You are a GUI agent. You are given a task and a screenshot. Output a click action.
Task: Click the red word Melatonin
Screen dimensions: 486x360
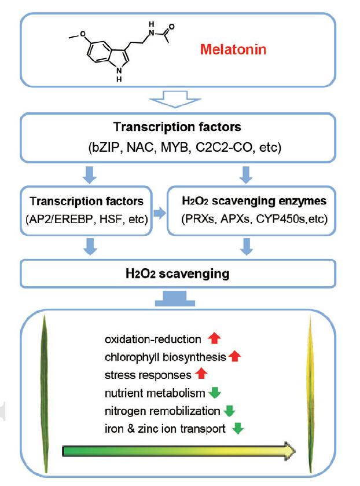pos(233,50)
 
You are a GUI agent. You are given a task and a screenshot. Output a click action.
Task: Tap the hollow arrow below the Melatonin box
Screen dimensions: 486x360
pos(177,101)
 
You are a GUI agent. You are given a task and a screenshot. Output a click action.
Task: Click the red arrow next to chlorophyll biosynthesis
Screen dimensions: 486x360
pos(234,357)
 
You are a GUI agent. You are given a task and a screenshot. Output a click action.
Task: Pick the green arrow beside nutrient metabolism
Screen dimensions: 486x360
pos(215,393)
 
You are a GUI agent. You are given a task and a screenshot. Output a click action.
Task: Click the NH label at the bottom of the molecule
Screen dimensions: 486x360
pos(118,75)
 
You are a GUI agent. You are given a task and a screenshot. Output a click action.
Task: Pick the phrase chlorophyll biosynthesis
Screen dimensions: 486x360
pos(166,357)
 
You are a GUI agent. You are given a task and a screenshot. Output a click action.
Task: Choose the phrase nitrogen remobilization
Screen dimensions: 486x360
pos(162,412)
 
